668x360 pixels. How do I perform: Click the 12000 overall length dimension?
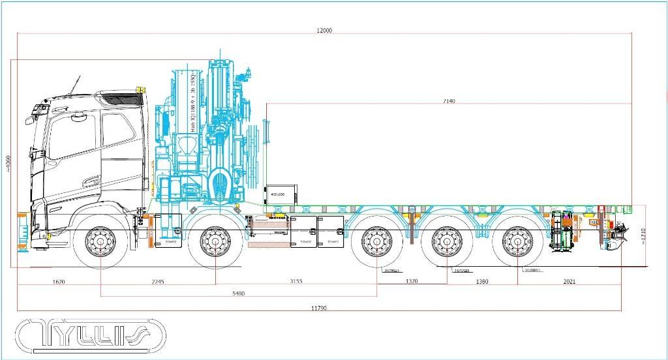click(324, 31)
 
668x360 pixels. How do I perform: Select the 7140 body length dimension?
click(449, 101)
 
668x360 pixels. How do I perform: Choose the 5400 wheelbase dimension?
click(238, 293)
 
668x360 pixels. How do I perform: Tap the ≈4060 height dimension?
click(8, 163)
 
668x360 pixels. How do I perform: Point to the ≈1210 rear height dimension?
click(643, 236)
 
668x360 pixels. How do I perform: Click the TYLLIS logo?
click(91, 335)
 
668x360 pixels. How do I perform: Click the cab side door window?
click(118, 132)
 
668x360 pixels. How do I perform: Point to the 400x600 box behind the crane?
click(281, 193)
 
